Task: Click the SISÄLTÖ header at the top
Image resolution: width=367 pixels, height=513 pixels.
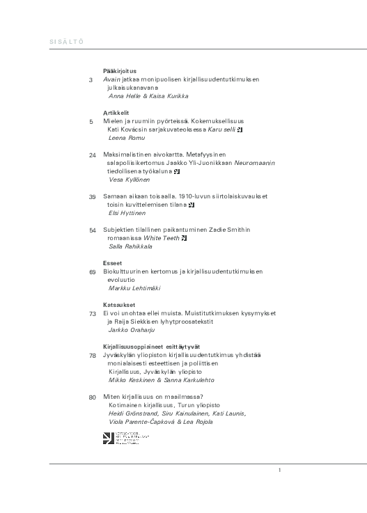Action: point(67,42)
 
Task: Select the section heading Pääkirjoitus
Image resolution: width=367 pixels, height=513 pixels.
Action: point(120,70)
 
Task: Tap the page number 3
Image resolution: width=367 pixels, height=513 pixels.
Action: point(91,80)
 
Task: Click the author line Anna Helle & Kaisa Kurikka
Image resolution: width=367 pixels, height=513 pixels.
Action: point(148,96)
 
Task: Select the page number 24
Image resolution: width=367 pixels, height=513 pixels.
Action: point(93,155)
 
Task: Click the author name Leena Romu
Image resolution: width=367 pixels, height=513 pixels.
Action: point(125,138)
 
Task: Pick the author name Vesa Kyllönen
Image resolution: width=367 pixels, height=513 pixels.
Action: point(130,180)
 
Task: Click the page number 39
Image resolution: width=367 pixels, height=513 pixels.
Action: point(93,197)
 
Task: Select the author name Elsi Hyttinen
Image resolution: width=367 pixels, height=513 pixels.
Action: point(128,213)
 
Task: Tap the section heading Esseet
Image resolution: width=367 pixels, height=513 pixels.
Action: point(113,263)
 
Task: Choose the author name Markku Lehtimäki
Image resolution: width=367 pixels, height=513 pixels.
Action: point(136,288)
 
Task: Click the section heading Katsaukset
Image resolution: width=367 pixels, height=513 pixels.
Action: point(119,305)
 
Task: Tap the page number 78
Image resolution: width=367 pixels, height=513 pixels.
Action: point(93,356)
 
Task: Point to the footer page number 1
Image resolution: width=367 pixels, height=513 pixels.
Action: point(279,471)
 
